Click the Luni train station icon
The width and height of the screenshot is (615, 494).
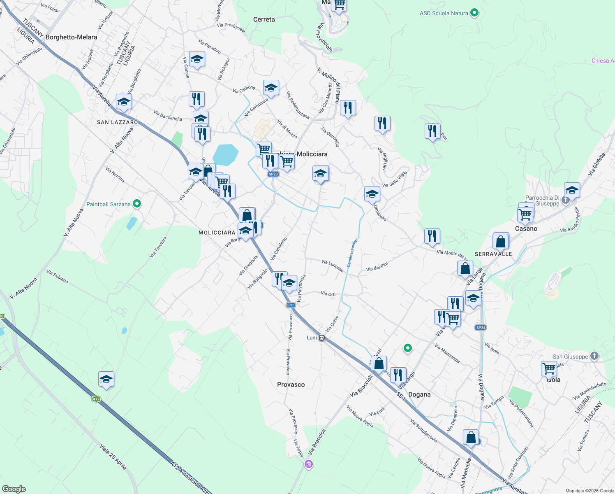tap(322, 338)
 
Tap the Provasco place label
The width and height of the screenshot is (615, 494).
tap(291, 384)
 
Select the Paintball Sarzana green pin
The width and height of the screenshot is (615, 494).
tap(137, 204)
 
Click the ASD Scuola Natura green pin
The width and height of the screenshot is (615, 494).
tap(474, 13)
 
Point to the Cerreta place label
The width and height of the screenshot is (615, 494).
tap(264, 19)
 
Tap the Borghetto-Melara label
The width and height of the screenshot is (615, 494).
tap(71, 37)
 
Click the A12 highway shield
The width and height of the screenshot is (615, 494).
tap(96, 399)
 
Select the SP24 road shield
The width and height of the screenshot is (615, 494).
tap(481, 328)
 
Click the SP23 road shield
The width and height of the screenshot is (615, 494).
tap(273, 174)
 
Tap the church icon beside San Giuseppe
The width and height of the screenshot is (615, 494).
tap(594, 356)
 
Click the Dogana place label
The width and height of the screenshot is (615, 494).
tap(419, 394)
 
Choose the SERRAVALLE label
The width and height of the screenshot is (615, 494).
tap(493, 254)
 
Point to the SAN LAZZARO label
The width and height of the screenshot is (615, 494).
tap(117, 122)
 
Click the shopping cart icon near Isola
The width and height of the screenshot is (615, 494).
tap(549, 368)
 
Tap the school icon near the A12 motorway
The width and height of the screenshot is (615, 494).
tap(106, 379)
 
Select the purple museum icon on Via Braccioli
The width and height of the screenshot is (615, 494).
tap(308, 464)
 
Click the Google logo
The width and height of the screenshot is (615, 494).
tap(14, 489)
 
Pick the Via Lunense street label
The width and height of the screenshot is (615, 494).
tap(333, 266)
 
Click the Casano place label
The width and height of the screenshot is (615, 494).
tap(526, 228)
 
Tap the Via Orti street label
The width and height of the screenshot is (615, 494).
tap(328, 294)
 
